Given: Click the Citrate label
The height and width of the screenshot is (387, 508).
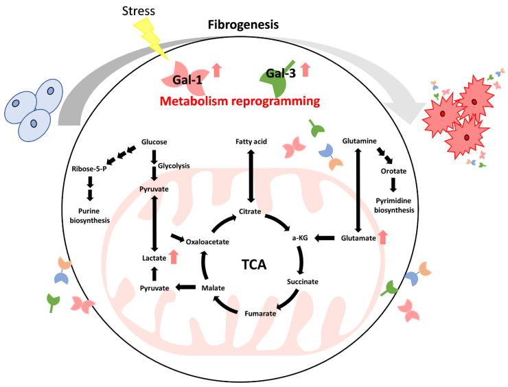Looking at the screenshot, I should [x=249, y=211].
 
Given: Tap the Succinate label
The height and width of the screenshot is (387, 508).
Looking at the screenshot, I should [x=305, y=281].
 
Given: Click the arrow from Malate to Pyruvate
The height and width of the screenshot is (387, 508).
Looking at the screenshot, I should [x=183, y=289].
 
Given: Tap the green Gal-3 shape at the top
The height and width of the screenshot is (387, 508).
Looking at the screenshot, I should [x=279, y=80].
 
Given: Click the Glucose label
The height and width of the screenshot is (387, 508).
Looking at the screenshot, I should [x=154, y=143].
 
